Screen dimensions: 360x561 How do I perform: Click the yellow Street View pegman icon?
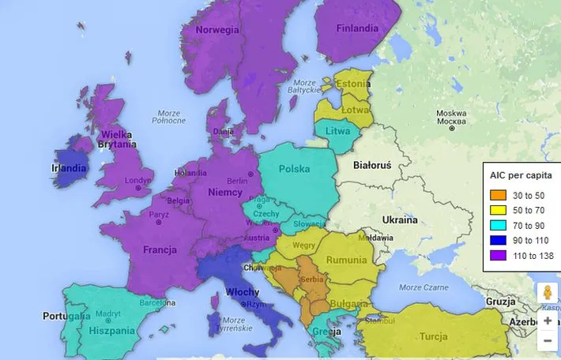[x=547, y=292]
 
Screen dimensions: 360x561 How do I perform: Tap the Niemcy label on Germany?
[x=225, y=192]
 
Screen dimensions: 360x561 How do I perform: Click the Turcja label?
[x=434, y=336]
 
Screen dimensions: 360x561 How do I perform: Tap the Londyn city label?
[x=137, y=180]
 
